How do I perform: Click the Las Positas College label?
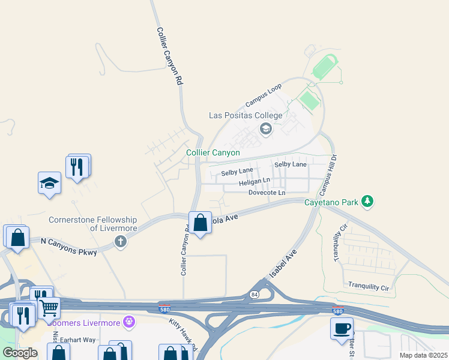pos(245,115)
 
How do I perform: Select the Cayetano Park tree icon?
pos(367,202)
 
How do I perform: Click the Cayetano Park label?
pos(331,202)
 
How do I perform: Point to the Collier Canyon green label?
pos(213,153)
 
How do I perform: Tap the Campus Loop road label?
pos(264,95)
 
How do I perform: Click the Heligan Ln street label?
pos(255,181)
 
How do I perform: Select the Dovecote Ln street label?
pos(267,192)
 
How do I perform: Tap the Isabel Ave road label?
pos(283,265)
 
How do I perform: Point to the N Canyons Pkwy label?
pos(68,247)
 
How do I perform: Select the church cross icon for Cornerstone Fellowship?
pos(121,242)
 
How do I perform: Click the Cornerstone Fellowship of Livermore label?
pos(93,224)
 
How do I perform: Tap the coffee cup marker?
pos(342,328)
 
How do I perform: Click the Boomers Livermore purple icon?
pos(129,323)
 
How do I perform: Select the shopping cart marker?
pos(50,308)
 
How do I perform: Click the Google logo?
pos(20,353)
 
